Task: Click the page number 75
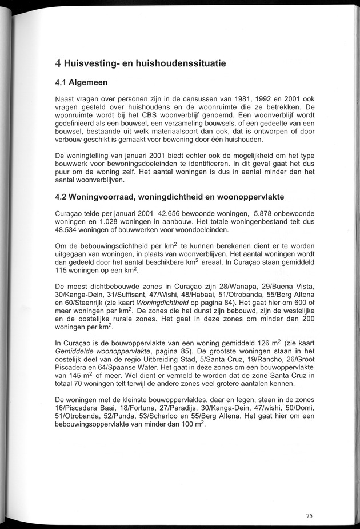point(309,515)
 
